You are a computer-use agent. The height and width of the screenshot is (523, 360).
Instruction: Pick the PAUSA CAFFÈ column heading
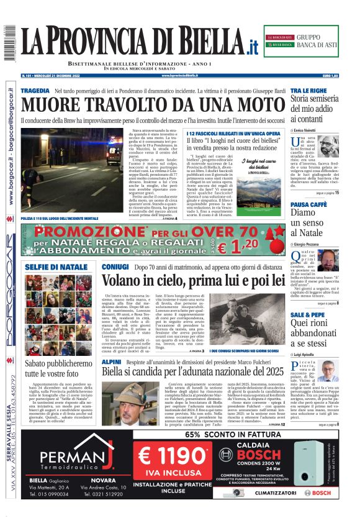pyautogui.click(x=308, y=204)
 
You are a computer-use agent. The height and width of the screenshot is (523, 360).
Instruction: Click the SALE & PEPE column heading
pyautogui.click(x=308, y=315)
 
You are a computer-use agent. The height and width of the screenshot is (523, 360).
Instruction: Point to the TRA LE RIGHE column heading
pyautogui.click(x=308, y=91)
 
